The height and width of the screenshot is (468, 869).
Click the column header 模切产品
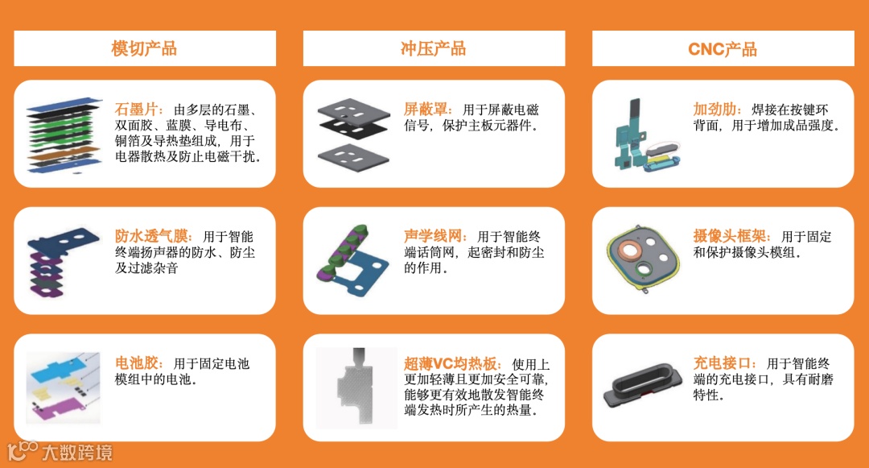(x=144, y=49)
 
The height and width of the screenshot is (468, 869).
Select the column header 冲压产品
(x=434, y=49)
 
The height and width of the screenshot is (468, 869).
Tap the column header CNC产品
(x=722, y=49)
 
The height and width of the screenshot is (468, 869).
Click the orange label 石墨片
(x=136, y=110)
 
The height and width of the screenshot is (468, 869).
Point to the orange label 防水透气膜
(x=151, y=236)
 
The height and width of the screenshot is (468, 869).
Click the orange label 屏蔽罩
(x=426, y=110)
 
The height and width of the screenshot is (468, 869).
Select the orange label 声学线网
(x=433, y=236)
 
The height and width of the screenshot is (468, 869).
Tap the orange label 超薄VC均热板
(x=450, y=364)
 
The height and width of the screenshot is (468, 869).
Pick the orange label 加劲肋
(x=715, y=110)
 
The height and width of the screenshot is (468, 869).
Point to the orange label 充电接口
(x=722, y=363)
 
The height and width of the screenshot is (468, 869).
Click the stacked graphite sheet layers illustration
(x=64, y=135)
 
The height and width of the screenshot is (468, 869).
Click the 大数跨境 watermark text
(x=77, y=453)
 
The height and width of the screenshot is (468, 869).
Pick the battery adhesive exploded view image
(x=64, y=388)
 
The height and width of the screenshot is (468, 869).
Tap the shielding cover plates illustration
(x=353, y=135)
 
